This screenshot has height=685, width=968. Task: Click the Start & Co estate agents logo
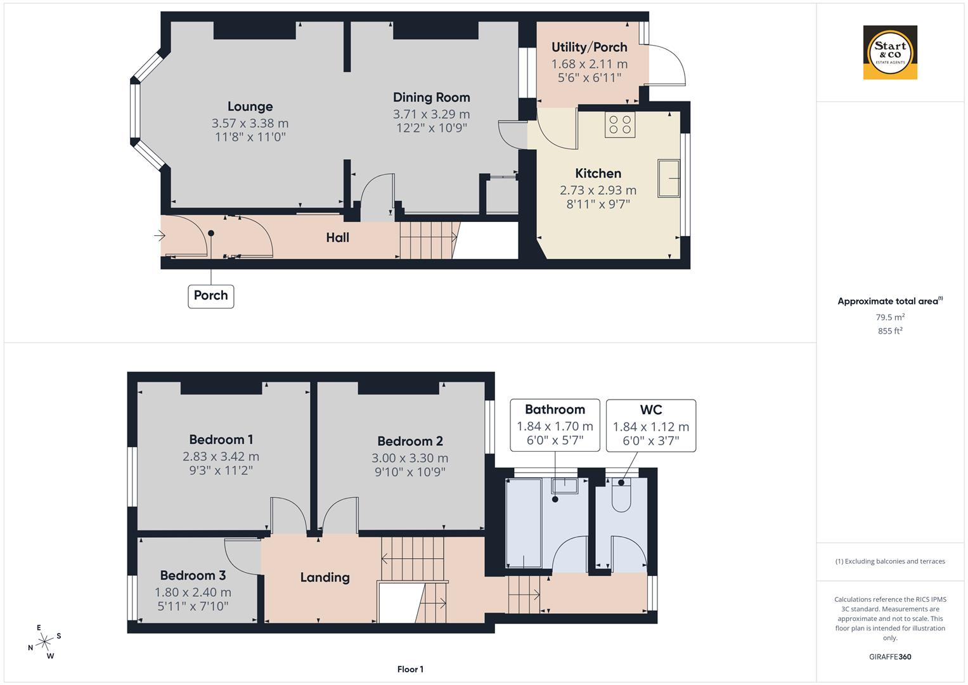tap(890, 53)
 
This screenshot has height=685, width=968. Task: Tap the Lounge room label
tap(250, 107)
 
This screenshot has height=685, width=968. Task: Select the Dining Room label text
tap(431, 97)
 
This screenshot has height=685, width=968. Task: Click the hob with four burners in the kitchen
tap(620, 124)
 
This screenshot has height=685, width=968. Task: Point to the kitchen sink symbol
tap(669, 178)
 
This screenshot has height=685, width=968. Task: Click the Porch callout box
tap(211, 296)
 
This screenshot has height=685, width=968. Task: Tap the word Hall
tap(337, 238)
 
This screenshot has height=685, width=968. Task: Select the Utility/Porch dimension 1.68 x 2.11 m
tap(589, 63)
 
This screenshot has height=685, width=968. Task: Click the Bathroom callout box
tap(555, 425)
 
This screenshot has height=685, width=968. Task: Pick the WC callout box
tap(650, 425)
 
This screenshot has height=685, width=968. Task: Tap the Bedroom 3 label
tap(193, 575)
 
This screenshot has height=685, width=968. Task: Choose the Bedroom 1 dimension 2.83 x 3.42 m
tap(221, 456)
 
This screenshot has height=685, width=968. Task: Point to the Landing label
tap(325, 577)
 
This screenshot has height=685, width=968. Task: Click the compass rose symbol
tap(44, 642)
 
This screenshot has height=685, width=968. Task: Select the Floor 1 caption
tap(410, 669)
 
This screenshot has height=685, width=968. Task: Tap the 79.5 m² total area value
tap(889, 317)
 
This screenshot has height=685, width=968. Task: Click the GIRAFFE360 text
tap(889, 656)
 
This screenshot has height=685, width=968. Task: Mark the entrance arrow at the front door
tap(159, 236)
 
